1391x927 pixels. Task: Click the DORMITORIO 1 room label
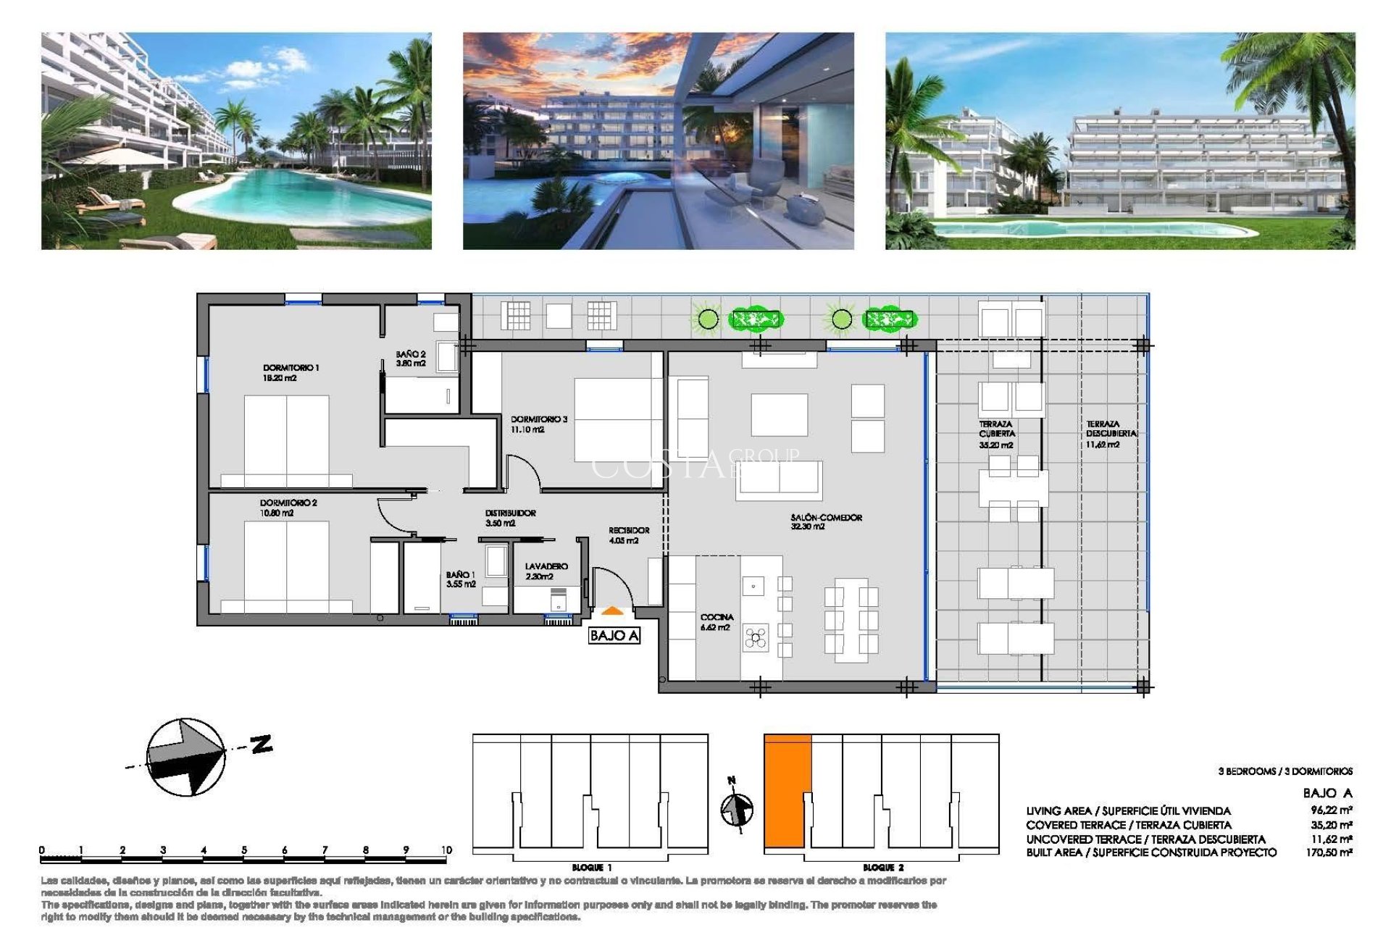point(291,372)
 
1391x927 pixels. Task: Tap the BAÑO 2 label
point(410,358)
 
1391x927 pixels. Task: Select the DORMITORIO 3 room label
point(538,424)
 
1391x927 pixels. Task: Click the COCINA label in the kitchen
point(717,621)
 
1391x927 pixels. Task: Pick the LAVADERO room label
point(546,571)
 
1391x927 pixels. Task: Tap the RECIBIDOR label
point(628,535)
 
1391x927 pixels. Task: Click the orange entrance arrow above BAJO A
point(612,611)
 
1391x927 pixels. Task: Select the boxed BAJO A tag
point(614,635)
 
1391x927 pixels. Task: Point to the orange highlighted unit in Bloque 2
point(787,789)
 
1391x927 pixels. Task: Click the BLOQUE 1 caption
point(591,867)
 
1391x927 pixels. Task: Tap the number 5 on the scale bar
point(244,850)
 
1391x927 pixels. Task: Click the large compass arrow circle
point(185,757)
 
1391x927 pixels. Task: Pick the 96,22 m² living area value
point(1331,810)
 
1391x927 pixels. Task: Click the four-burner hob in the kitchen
point(755,637)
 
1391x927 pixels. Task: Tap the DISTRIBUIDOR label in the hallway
point(510,517)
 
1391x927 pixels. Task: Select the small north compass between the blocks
point(737,808)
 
